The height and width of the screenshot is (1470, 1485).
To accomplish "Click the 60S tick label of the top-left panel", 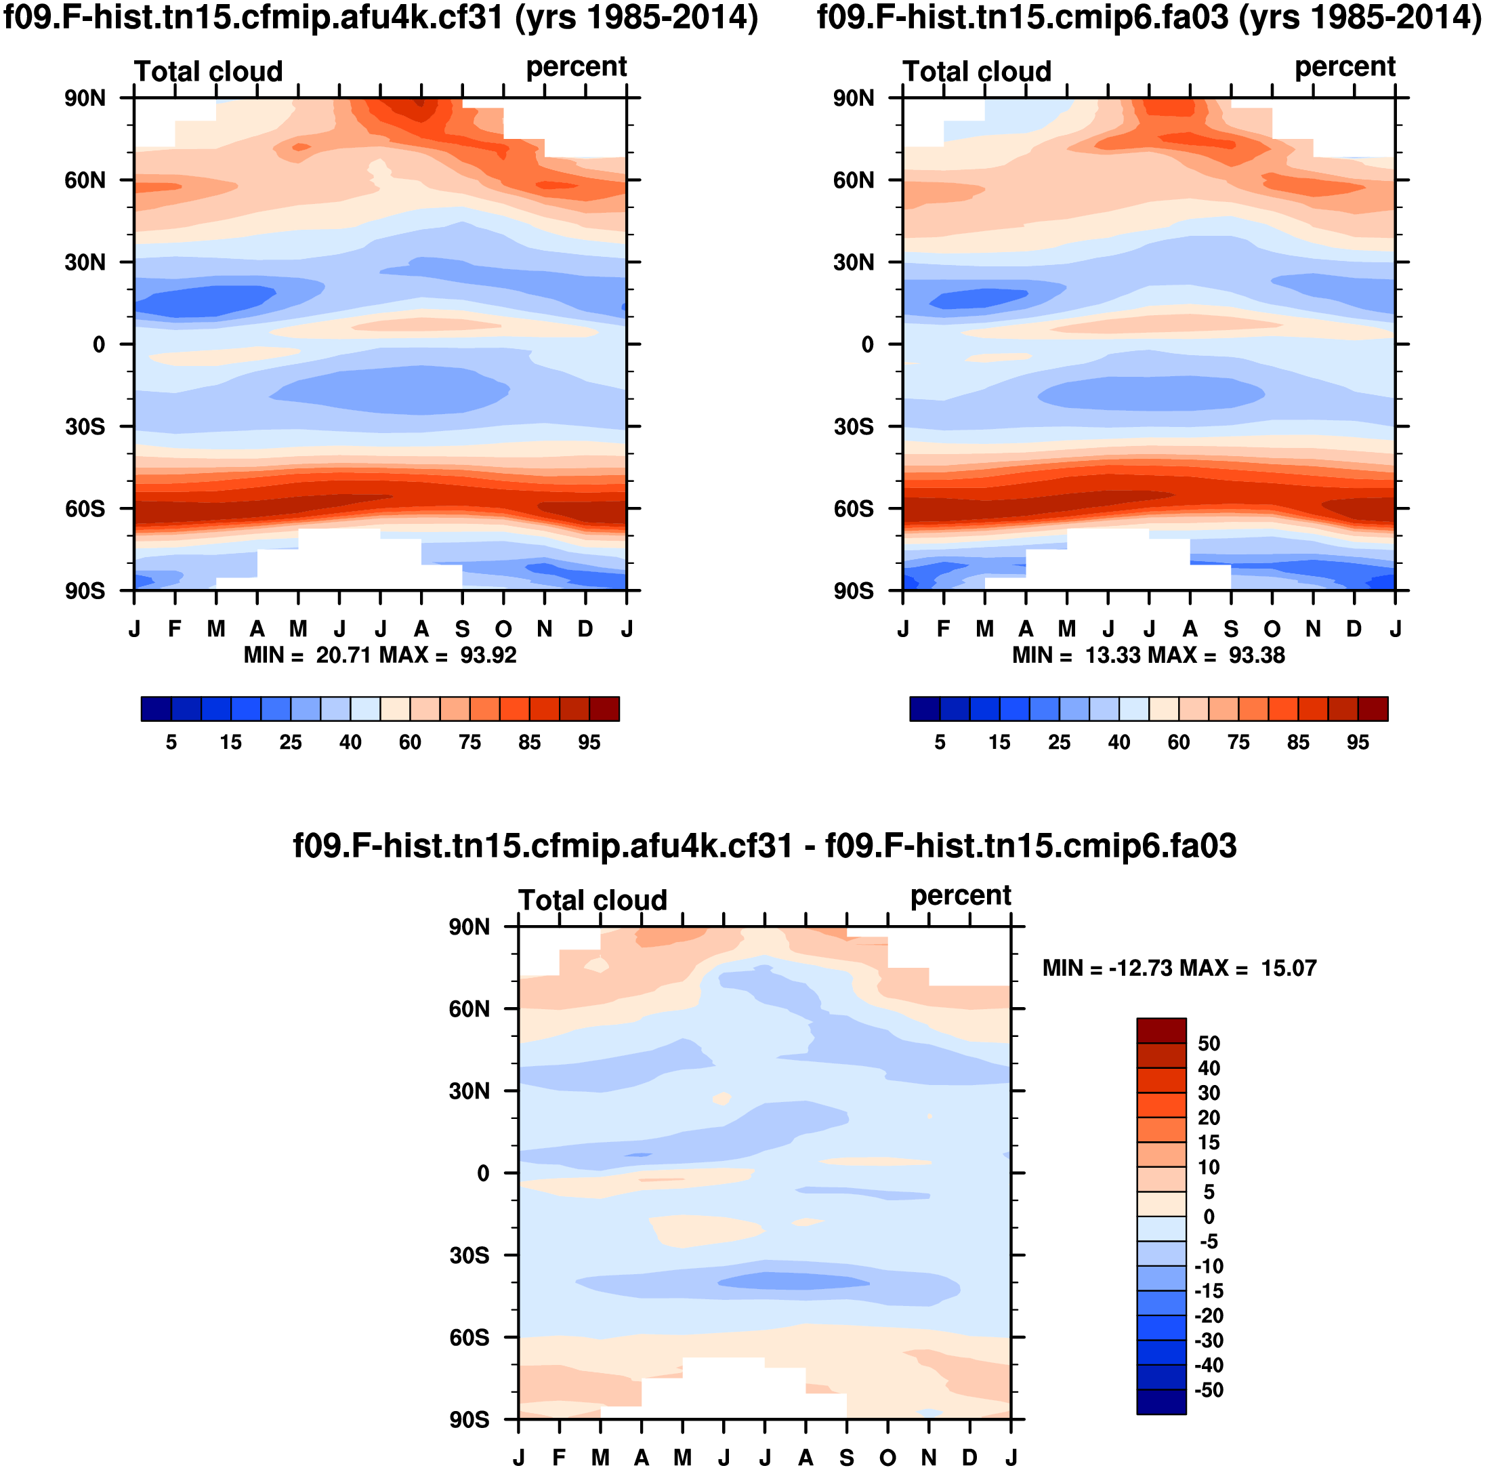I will pos(85,509).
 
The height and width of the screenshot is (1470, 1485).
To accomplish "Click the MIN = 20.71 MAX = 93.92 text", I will pos(379,655).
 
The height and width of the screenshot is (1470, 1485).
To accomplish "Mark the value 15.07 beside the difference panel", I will pos(1289,968).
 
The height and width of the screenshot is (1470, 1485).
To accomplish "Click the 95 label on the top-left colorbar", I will pos(589,742).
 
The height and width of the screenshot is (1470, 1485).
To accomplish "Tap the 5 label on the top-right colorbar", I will pos(939,742).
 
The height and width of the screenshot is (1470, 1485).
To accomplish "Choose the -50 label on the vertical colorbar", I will pos(1209,1390).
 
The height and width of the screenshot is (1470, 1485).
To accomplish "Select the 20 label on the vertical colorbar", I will pos(1209,1118).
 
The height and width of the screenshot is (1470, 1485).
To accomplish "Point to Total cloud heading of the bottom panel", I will pos(593,900).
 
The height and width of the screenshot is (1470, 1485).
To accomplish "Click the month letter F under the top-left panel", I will pos(175,629).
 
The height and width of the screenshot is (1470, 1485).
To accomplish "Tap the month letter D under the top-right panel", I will pos(1354,629).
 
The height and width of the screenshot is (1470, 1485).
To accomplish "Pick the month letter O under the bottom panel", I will pos(887,1458).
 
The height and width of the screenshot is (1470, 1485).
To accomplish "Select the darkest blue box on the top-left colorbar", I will pos(156,708).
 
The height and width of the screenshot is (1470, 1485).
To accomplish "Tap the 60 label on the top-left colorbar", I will pos(410,742).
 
